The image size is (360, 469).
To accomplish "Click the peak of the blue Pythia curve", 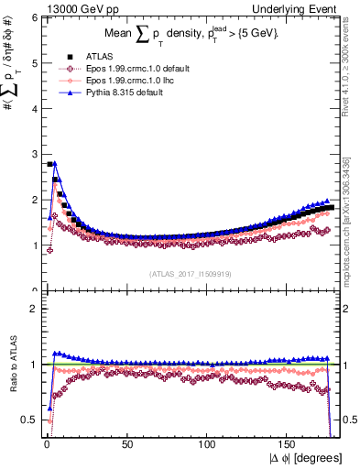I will click(55, 164).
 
